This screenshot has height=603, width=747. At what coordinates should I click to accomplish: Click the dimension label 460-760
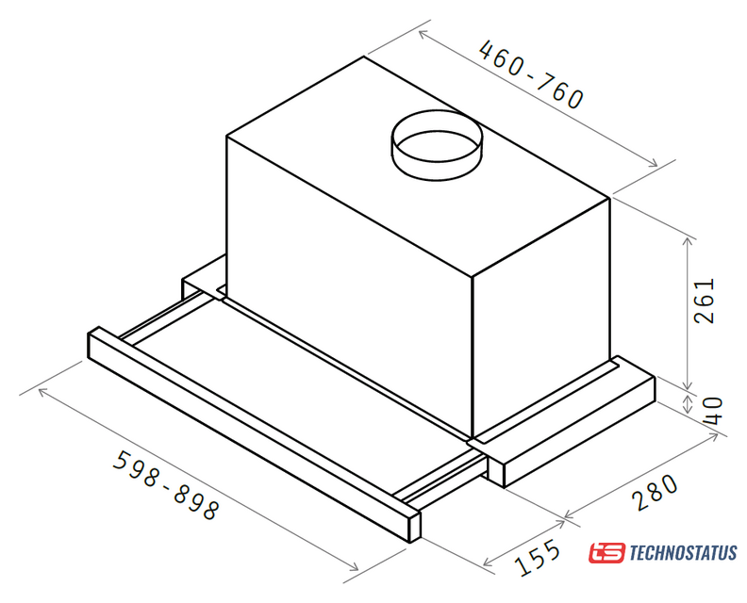(531, 74)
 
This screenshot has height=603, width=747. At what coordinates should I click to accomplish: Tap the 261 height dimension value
(705, 301)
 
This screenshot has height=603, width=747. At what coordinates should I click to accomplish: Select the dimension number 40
(712, 411)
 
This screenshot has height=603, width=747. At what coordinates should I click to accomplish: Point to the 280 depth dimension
(656, 492)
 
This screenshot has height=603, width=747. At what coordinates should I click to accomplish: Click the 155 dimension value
(538, 557)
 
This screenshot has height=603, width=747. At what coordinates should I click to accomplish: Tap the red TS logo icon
(606, 553)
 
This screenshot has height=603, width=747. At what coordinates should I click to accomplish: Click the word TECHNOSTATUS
(683, 553)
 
